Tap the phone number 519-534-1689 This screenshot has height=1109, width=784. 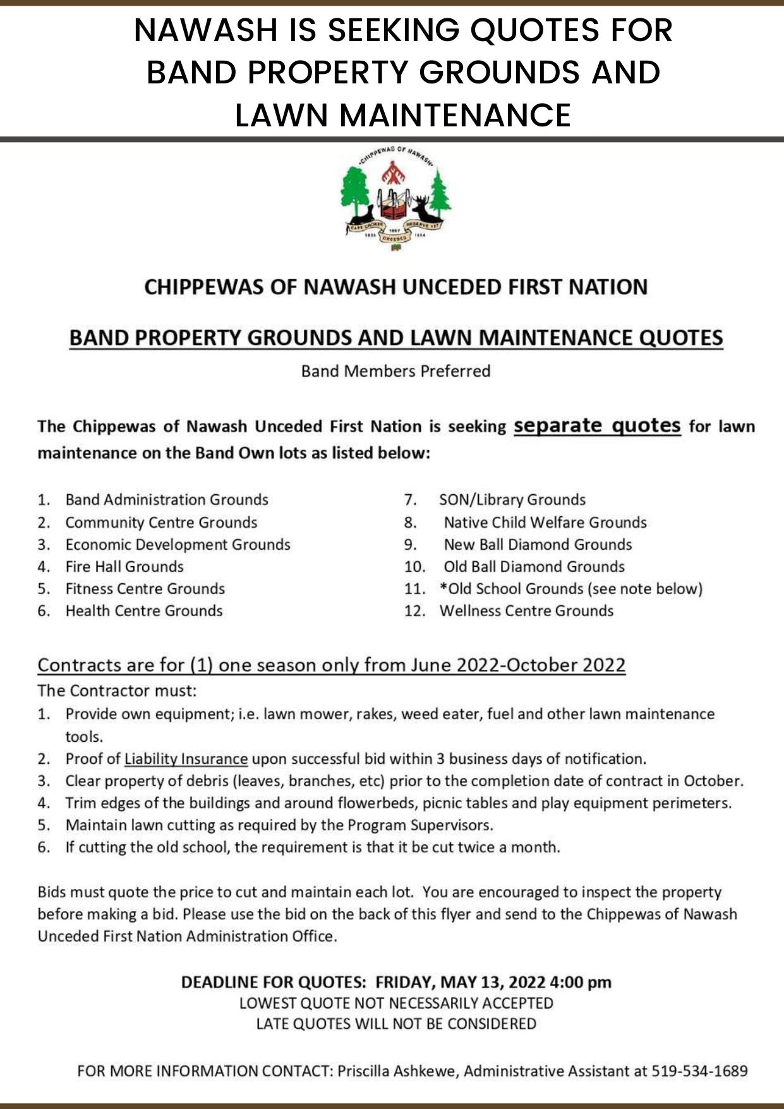click(x=699, y=1070)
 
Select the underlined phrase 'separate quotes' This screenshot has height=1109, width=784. click(x=597, y=426)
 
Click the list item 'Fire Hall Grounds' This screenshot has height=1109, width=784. click(x=124, y=566)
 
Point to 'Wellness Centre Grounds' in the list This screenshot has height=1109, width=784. click(x=526, y=610)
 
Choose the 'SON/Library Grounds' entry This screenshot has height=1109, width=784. click(x=512, y=500)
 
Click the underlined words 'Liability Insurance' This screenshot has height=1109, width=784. click(x=186, y=758)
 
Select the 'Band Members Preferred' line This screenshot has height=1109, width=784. click(x=395, y=371)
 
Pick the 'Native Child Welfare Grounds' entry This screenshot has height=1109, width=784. click(x=545, y=522)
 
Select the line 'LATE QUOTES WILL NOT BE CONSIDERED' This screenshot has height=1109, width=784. click(x=396, y=1024)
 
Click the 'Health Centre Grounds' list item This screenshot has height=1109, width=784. click(x=144, y=610)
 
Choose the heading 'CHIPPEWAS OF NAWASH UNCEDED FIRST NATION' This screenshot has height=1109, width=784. click(x=396, y=287)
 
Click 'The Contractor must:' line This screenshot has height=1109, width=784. click(x=117, y=690)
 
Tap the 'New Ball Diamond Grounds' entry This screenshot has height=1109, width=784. click(x=538, y=544)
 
